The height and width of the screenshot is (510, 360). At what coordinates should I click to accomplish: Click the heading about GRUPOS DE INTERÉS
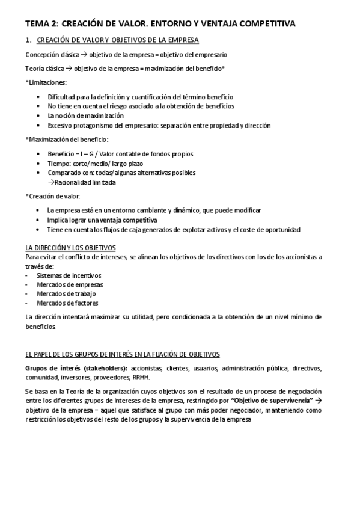(x=123, y=354)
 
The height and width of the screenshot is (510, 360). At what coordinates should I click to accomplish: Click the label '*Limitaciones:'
(x=47, y=82)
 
